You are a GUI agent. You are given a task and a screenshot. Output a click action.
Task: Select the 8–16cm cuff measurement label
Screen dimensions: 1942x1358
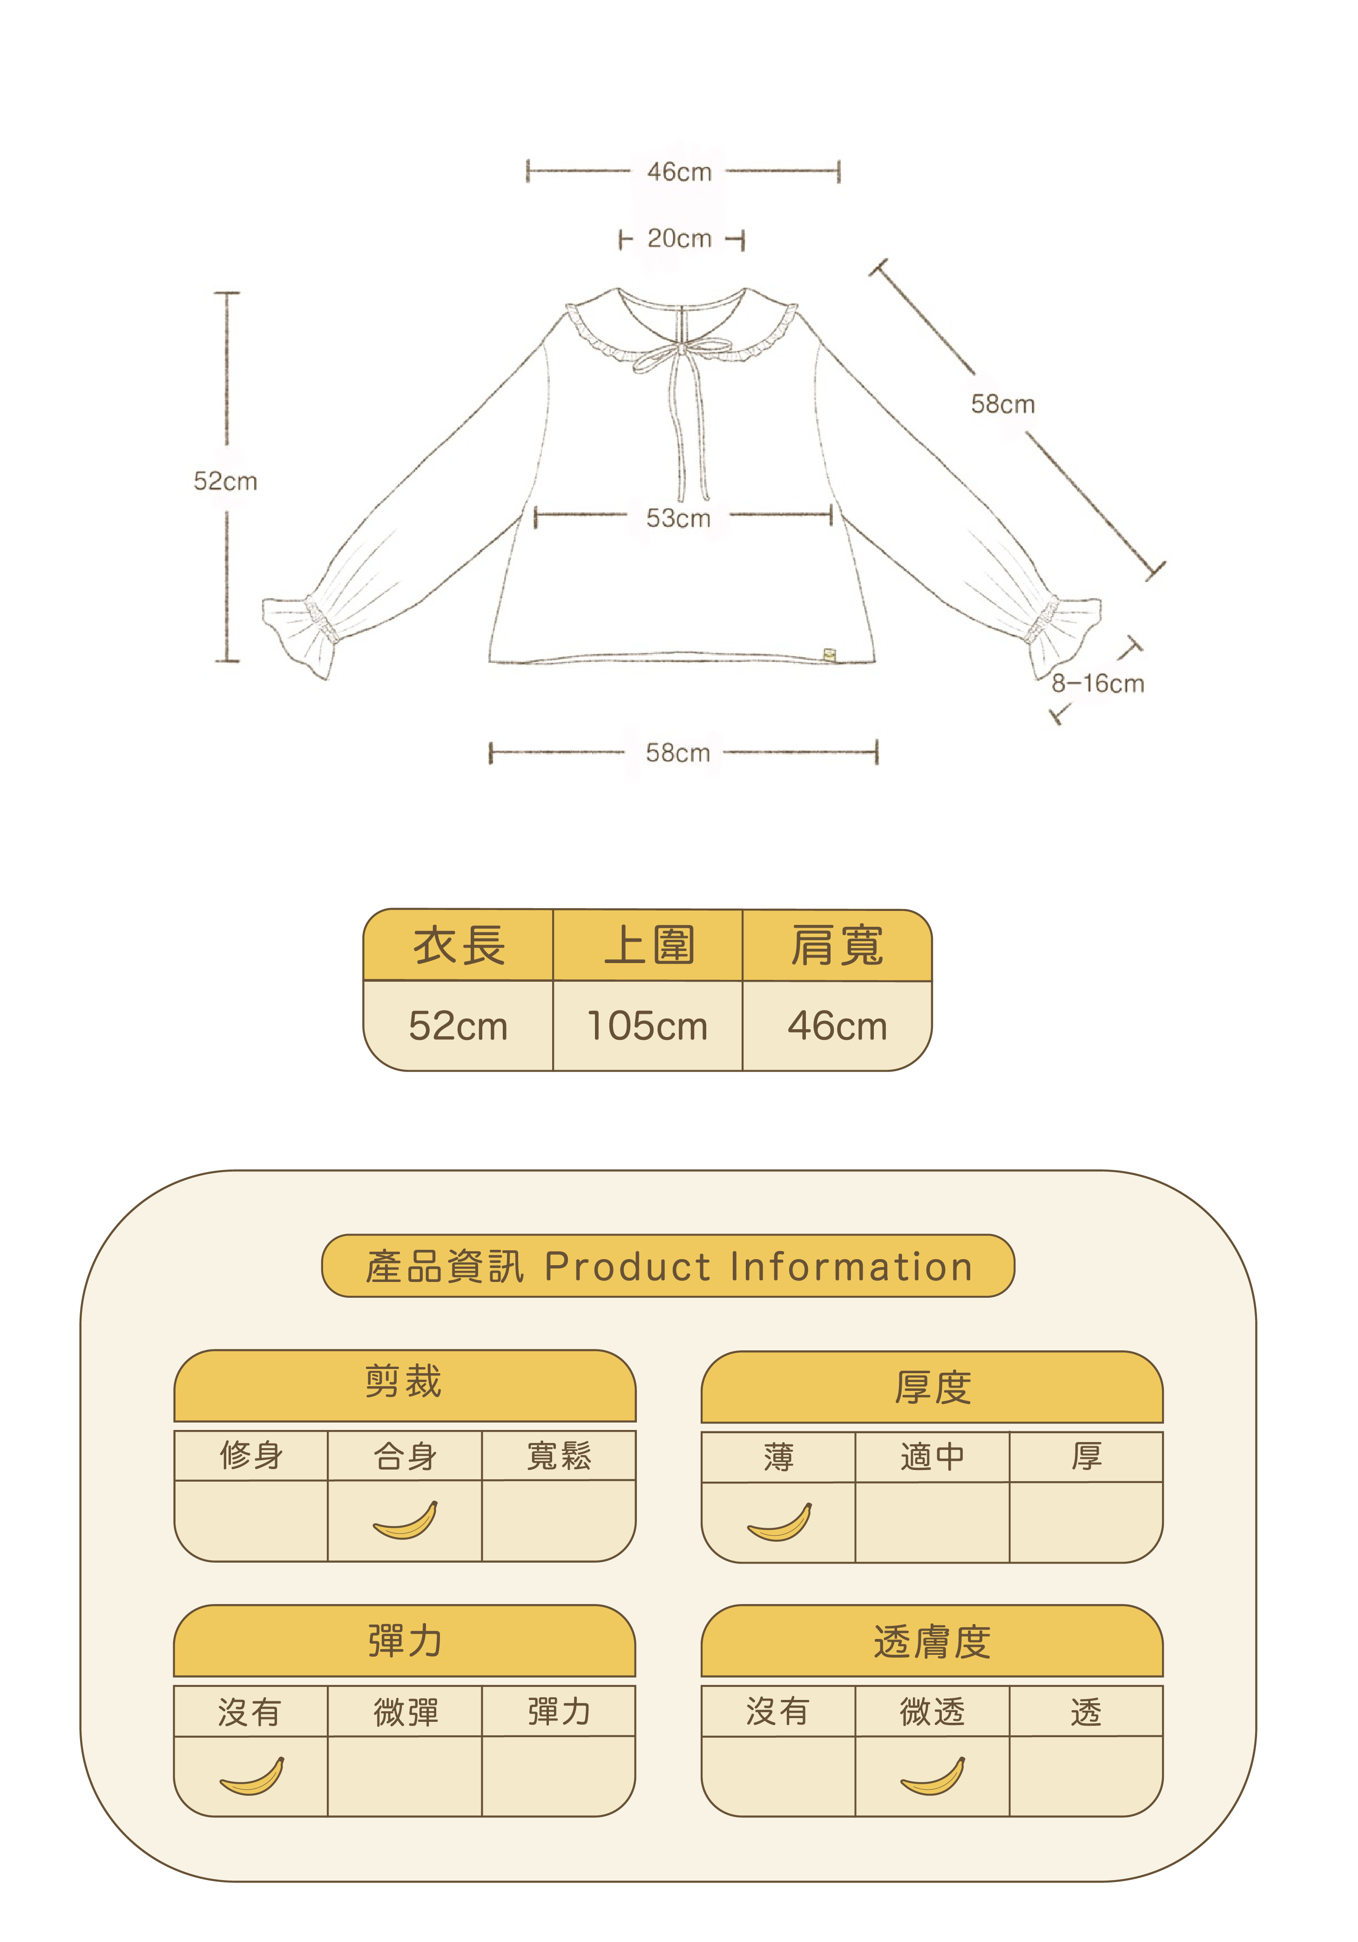[x=1097, y=683]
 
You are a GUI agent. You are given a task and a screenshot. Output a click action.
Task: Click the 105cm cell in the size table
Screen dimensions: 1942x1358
[x=647, y=1026]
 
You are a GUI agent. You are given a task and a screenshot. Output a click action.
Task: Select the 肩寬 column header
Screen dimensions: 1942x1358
[x=837, y=945]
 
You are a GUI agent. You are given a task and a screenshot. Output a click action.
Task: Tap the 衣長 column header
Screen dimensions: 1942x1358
[x=459, y=945]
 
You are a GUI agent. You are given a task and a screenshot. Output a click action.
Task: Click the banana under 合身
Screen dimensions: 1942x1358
[x=405, y=1520]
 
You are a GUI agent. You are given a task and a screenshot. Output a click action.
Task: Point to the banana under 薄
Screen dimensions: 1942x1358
[x=779, y=1522]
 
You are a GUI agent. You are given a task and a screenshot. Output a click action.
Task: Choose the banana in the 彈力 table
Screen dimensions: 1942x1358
[x=251, y=1775]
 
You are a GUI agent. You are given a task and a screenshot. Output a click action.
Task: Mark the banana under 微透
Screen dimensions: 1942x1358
[x=932, y=1775]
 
